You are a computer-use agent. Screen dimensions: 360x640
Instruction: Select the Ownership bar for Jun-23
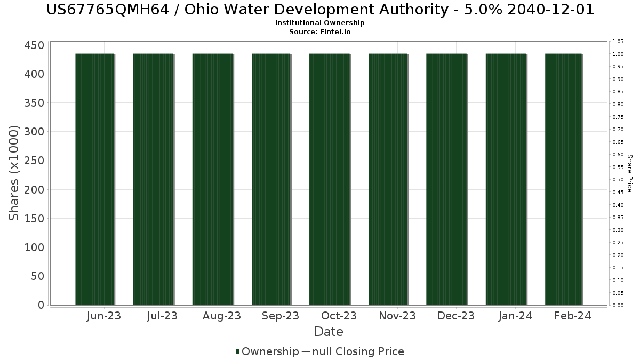[95, 179]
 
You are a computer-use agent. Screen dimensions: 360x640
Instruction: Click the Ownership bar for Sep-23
[271, 179]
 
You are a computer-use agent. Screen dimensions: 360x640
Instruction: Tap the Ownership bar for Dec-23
[446, 179]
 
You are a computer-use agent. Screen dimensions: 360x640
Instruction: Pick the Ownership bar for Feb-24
[563, 179]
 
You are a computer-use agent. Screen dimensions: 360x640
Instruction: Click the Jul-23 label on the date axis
[162, 316]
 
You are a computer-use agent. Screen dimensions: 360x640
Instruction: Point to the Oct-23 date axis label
[339, 316]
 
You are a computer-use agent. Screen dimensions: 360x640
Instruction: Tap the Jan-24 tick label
[515, 316]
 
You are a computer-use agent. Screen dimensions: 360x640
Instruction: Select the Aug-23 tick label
[221, 316]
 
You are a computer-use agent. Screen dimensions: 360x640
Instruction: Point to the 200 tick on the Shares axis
[34, 189]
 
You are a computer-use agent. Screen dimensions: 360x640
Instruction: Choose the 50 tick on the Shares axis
[37, 276]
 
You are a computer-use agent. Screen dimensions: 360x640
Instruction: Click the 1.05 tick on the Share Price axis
[618, 42]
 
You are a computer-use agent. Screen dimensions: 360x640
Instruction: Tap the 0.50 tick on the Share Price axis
[618, 180]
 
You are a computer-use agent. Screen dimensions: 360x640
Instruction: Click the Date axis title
[329, 332]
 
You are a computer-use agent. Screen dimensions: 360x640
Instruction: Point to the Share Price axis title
[629, 173]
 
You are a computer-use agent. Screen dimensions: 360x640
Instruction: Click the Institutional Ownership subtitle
[320, 23]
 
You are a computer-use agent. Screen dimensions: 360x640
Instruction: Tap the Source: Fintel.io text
[320, 31]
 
